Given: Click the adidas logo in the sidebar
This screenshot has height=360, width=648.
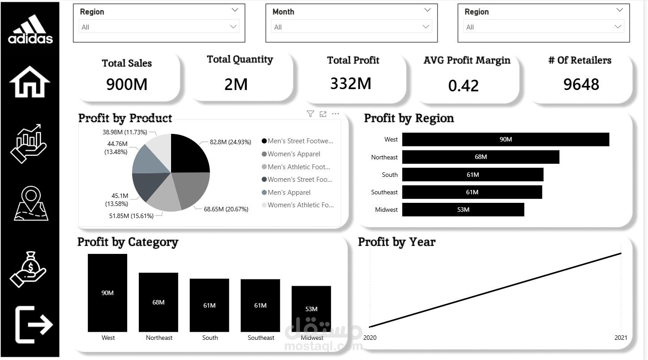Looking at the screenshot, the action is pyautogui.click(x=30, y=29).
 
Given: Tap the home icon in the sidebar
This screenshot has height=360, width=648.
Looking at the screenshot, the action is pyautogui.click(x=30, y=81).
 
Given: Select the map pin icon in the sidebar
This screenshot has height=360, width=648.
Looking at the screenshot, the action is pyautogui.click(x=31, y=203).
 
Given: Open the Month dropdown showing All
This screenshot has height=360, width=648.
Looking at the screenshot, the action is pyautogui.click(x=352, y=27).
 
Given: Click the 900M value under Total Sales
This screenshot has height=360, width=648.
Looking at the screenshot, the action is pyautogui.click(x=127, y=85).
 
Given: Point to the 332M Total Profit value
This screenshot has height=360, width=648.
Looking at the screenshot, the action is pyautogui.click(x=351, y=84).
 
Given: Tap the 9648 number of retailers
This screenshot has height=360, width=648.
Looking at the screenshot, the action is pyautogui.click(x=581, y=85).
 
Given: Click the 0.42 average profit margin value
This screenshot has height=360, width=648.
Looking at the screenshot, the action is pyautogui.click(x=463, y=86).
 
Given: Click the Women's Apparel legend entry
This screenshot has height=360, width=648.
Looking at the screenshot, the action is pyautogui.click(x=291, y=154).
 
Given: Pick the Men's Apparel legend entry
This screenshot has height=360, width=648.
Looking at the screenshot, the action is pyautogui.click(x=286, y=192).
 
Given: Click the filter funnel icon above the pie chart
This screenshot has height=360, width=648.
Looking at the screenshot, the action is pyautogui.click(x=310, y=114).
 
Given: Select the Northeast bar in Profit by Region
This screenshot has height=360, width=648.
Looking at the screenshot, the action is pyautogui.click(x=481, y=157).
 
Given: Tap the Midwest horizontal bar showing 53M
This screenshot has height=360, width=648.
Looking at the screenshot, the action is pyautogui.click(x=463, y=210).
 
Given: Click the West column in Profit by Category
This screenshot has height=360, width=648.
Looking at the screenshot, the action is pyautogui.click(x=107, y=293).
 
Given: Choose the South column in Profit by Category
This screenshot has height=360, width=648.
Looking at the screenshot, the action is pyautogui.click(x=210, y=305).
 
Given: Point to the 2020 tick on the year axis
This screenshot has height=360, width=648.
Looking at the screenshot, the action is pyautogui.click(x=370, y=338).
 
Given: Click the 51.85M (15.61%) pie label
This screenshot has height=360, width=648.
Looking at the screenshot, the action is pyautogui.click(x=131, y=216).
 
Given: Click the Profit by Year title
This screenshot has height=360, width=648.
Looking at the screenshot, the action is pyautogui.click(x=397, y=242).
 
